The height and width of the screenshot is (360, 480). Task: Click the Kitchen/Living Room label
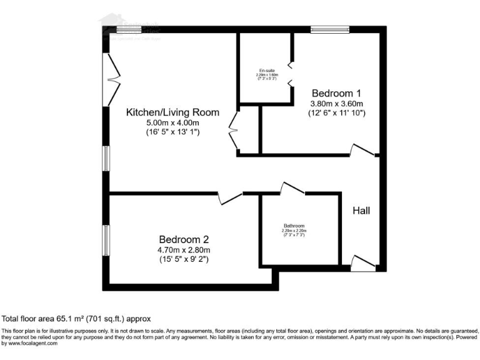tap(173, 112)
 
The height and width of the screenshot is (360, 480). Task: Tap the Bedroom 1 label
tap(337, 92)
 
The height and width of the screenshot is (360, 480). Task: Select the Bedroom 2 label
tap(184, 239)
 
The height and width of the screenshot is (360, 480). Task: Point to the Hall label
tap(361, 211)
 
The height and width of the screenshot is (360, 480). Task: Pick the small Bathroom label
tap(294, 226)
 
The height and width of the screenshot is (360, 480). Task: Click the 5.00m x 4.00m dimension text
tap(173, 123)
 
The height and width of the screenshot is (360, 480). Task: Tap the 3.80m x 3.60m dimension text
tap(337, 103)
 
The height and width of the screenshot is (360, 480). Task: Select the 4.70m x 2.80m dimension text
tap(184, 250)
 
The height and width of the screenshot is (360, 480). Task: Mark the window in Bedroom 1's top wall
tap(331, 29)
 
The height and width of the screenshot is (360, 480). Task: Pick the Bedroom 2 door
tap(231, 197)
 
